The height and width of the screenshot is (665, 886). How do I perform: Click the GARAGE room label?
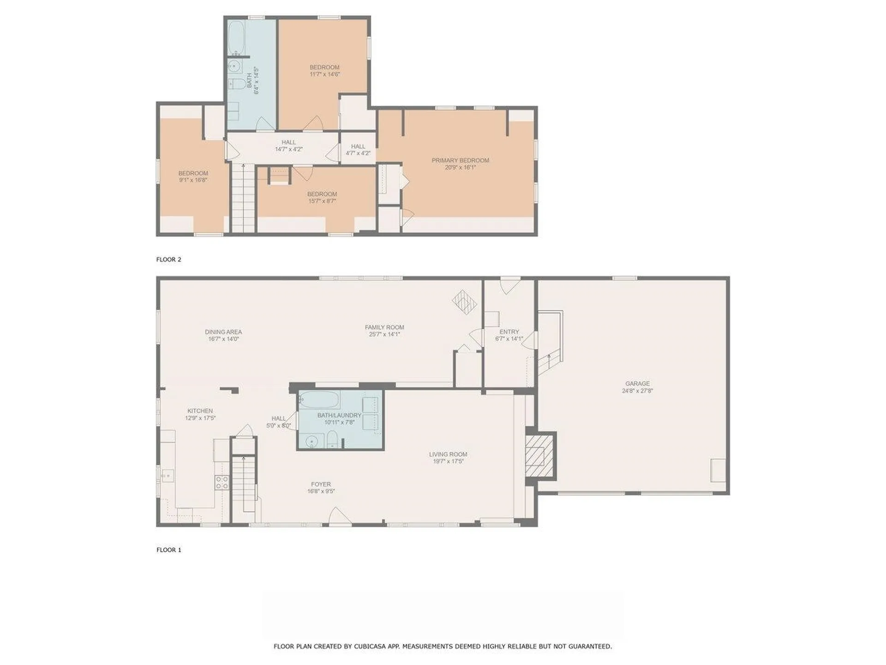coord(637,383)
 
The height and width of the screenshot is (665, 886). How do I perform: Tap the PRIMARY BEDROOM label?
coord(460,160)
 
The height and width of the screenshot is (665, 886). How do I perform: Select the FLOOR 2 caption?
coord(169,260)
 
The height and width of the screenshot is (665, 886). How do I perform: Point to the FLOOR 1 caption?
coord(169,550)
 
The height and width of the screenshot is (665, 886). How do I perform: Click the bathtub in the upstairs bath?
coord(237,38)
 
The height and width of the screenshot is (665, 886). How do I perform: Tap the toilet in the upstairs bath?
coord(237,84)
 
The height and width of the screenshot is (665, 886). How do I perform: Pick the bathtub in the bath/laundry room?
coord(319,400)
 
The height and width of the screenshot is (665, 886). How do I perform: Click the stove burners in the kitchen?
coord(222,483)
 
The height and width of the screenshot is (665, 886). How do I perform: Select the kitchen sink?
coord(168,474)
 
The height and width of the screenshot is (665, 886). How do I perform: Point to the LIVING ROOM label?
coord(448,454)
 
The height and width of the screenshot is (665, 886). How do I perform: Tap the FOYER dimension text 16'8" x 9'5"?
coord(321,491)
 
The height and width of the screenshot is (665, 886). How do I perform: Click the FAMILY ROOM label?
coord(384,327)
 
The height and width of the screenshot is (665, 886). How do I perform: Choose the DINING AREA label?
coord(223,332)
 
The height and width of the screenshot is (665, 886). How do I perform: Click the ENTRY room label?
coord(509,332)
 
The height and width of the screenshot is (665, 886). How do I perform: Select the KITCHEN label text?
coord(200,411)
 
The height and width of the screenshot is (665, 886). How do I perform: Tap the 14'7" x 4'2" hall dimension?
coord(289,149)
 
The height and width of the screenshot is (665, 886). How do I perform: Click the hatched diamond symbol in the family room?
coord(465,302)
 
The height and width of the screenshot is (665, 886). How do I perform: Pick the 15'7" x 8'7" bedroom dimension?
coord(322,201)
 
